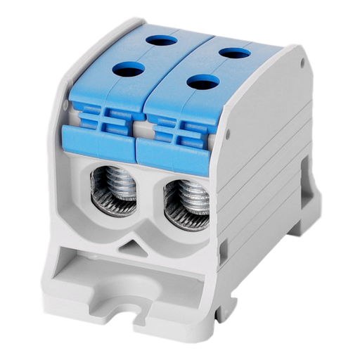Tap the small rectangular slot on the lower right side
(226, 247)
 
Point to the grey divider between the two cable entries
(148, 204)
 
